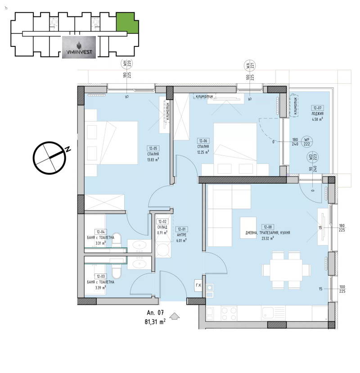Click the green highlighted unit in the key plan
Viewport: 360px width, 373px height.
pos(126,23)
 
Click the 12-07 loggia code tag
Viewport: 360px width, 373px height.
pos(317,108)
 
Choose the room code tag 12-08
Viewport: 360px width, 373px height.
pos(269,227)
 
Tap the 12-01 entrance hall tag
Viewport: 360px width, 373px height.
pos(181,229)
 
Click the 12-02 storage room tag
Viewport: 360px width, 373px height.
pos(162,222)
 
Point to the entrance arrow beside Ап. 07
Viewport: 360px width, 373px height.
pos(175,318)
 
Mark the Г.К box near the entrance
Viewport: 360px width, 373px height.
pos(198,284)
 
